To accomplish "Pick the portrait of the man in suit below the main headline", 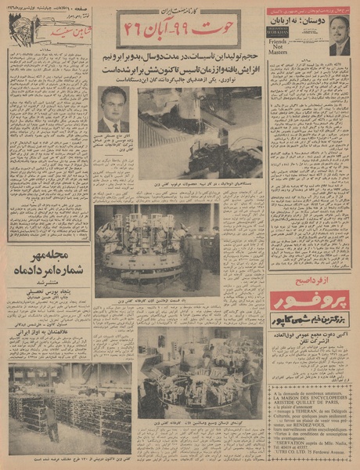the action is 113,109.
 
